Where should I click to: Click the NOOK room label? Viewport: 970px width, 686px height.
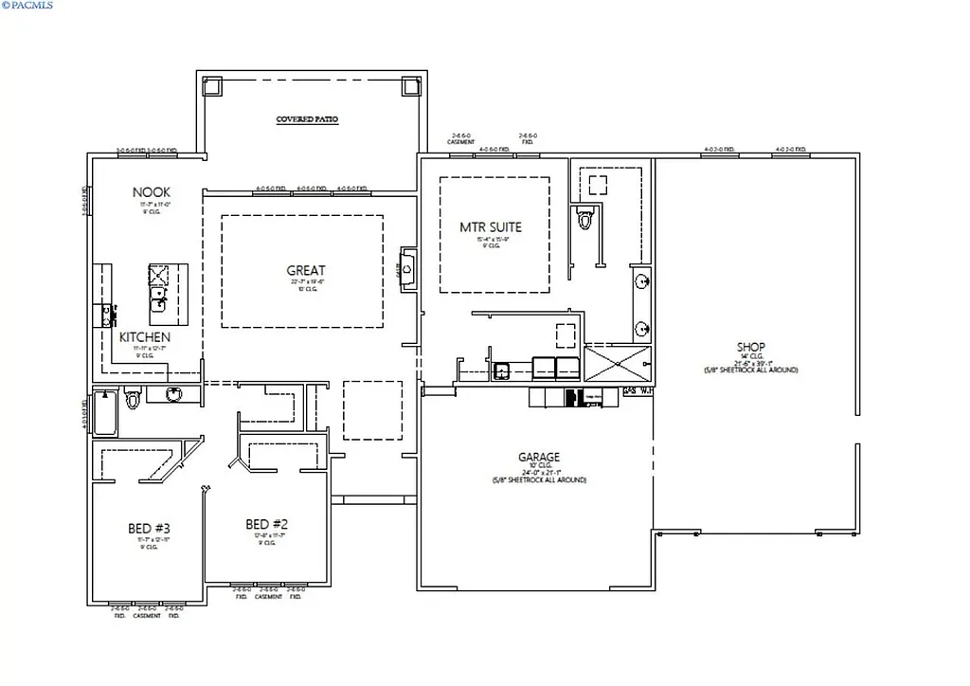pos(152,192)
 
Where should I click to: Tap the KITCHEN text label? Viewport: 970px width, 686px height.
pos(145,336)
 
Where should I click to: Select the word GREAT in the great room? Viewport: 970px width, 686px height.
pos(306,271)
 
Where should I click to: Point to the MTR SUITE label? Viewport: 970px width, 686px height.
pos(491,227)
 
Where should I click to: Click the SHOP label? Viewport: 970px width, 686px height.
pos(750,347)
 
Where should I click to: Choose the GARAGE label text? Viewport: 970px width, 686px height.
pos(538,457)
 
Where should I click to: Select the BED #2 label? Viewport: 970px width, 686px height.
pos(266,524)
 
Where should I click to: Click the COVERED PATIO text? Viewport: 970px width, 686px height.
pos(307,120)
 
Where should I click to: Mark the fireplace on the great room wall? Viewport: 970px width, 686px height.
pos(407,268)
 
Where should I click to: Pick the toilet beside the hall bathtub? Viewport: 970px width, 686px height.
pos(133,400)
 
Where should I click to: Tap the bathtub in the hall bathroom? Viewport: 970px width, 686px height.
pos(105,413)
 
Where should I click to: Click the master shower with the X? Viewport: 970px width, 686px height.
pos(618,364)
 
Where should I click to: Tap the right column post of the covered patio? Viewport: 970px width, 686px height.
pos(411,86)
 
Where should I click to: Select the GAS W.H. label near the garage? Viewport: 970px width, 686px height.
pos(637,390)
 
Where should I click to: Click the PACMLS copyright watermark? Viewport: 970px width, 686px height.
pos(28,6)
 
